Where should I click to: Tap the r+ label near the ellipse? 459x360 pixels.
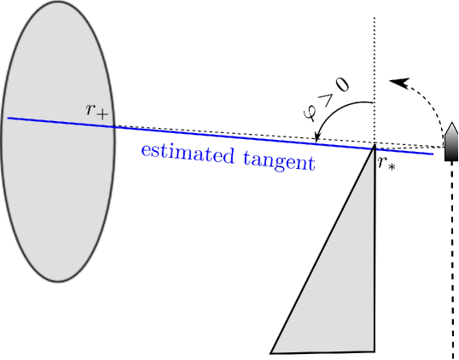coord(96,110)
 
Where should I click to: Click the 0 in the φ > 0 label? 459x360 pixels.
coord(341,84)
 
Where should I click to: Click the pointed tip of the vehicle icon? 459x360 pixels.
coord(452,124)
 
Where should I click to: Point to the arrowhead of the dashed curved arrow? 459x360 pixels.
coord(396,82)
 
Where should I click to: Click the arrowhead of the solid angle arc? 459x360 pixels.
coord(317,138)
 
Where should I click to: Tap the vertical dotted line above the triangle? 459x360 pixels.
coord(375,68)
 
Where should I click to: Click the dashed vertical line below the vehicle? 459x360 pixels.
coord(452,256)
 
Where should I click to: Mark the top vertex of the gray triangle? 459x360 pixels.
coord(375,148)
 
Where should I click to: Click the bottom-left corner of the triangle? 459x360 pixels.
coord(271,351)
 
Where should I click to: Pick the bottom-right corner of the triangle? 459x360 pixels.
coord(375,350)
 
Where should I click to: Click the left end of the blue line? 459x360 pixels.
coord(9,118)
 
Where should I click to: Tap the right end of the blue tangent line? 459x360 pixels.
coord(433,154)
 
